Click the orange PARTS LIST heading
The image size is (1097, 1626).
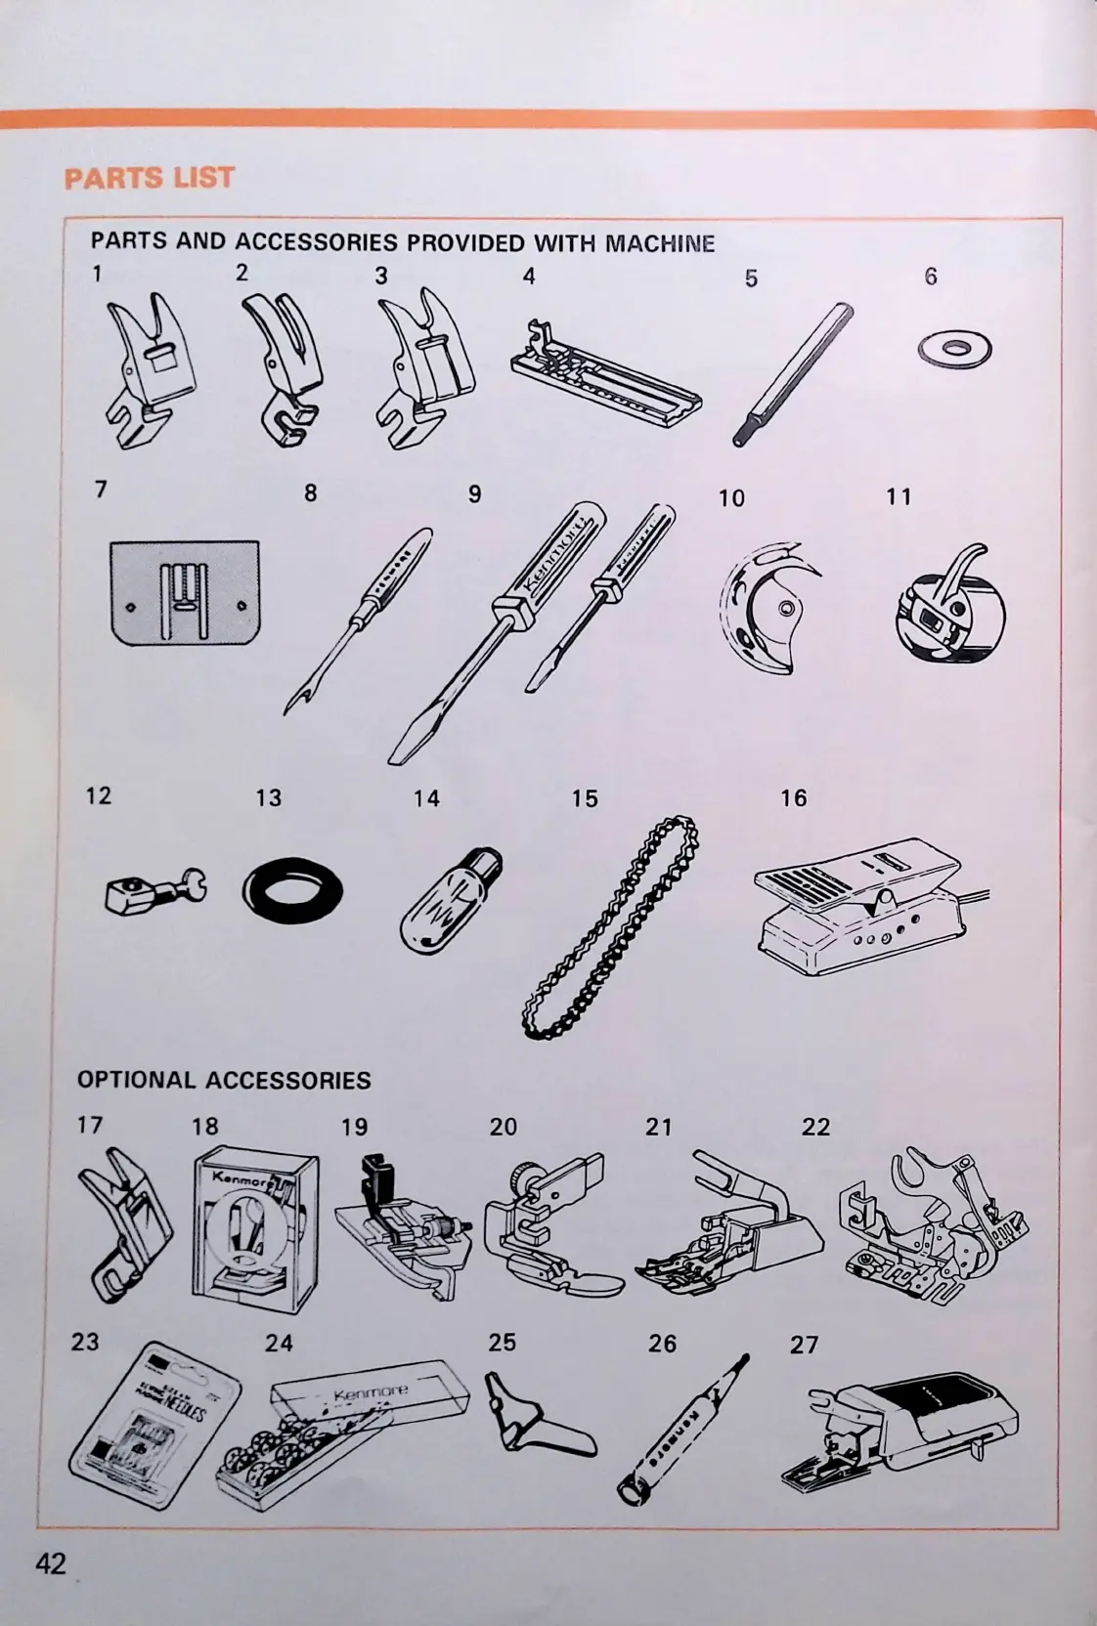[x=150, y=178]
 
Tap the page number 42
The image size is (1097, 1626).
[x=51, y=1563]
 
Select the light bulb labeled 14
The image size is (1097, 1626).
[x=451, y=900]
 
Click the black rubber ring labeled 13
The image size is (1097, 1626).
[x=291, y=892]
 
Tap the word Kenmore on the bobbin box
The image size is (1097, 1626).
[x=371, y=1393]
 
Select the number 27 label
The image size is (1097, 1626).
[x=804, y=1345]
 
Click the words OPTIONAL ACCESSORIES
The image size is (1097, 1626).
[x=224, y=1080]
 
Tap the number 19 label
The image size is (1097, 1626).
[x=354, y=1127]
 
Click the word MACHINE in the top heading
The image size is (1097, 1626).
[x=660, y=243]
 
